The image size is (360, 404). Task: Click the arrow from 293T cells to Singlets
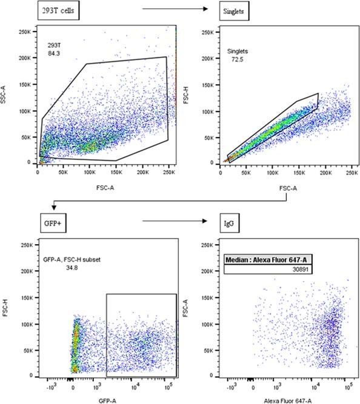tap(173, 10)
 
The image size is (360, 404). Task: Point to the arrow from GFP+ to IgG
tap(173, 222)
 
